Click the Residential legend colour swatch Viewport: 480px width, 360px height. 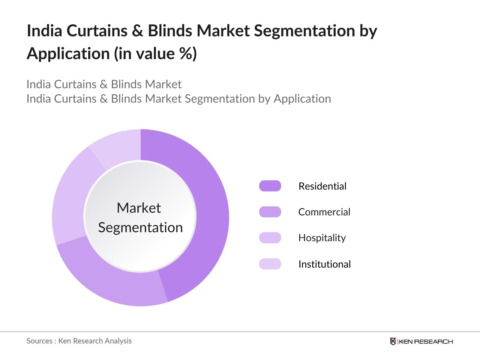click(x=270, y=186)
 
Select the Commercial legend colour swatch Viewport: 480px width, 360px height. click(x=270, y=212)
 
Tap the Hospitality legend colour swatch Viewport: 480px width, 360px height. click(x=270, y=238)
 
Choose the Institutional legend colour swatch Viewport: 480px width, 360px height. click(x=270, y=264)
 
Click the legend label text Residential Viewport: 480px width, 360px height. click(x=322, y=186)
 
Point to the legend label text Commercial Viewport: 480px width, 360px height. click(x=324, y=212)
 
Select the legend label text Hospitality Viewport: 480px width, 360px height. click(x=322, y=238)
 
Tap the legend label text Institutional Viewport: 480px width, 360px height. click(x=325, y=264)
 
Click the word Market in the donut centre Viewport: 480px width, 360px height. click(x=139, y=208)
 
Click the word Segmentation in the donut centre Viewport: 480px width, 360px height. click(x=140, y=228)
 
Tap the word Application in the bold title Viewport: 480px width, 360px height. click(x=68, y=54)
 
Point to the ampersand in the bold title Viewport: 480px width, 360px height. click(x=137, y=31)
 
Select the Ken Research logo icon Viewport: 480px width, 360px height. click(x=393, y=341)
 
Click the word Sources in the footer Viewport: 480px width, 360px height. click(x=40, y=341)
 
